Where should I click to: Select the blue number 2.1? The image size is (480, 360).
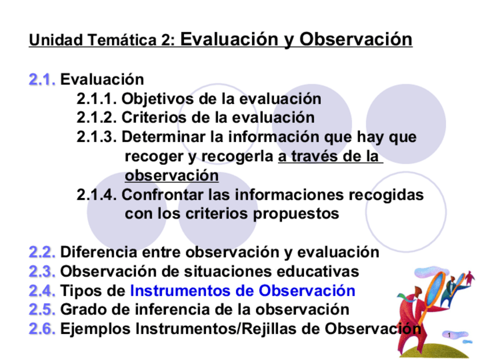pyautogui.click(x=42, y=80)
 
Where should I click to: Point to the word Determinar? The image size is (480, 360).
pyautogui.click(x=164, y=137)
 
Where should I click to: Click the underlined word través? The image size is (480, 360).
pyautogui.click(x=314, y=156)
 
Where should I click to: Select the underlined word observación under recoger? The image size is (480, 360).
pyautogui.click(x=172, y=175)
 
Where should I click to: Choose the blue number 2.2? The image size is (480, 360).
pyautogui.click(x=42, y=252)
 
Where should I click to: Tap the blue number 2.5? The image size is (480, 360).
pyautogui.click(x=42, y=310)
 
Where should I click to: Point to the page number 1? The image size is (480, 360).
pyautogui.click(x=449, y=335)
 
